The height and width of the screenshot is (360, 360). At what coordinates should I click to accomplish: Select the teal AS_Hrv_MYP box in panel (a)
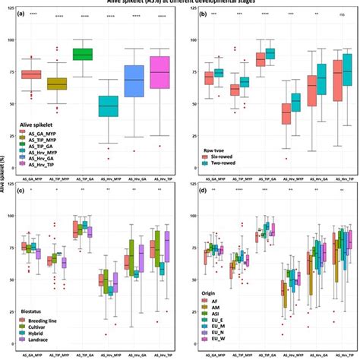109,106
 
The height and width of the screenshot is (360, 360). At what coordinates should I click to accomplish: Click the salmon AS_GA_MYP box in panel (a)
30,74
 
